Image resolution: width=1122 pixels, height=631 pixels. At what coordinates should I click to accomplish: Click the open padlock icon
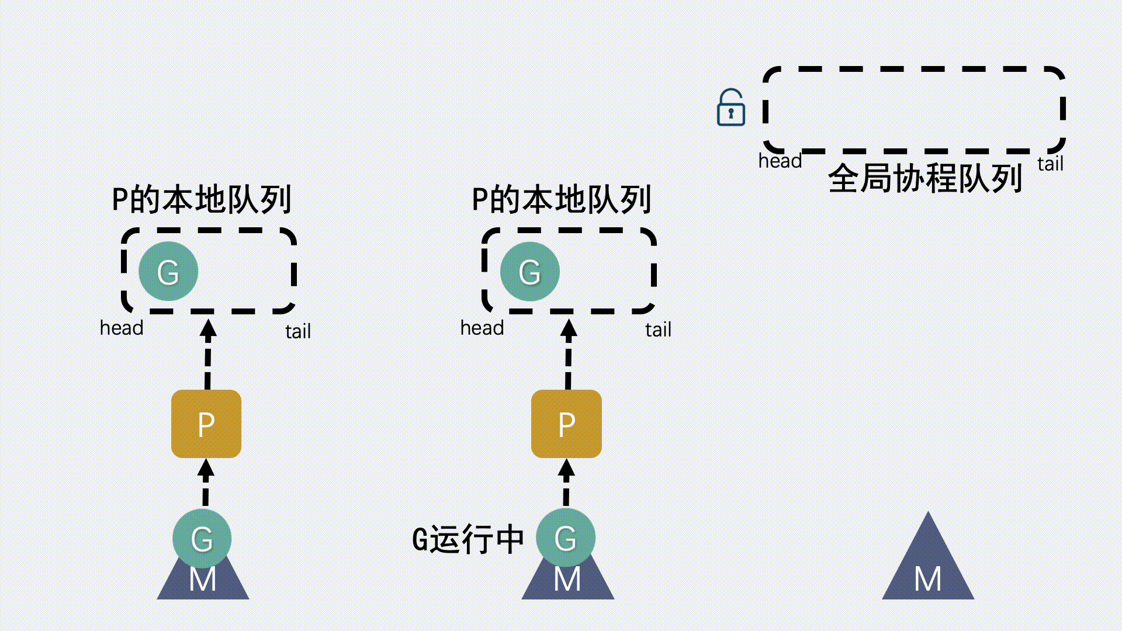coord(730,108)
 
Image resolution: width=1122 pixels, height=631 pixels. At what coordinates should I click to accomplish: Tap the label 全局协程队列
coord(925,178)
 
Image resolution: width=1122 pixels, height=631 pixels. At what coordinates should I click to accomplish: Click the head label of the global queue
coord(780,161)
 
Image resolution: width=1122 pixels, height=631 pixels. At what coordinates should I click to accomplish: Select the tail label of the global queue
coord(1050,164)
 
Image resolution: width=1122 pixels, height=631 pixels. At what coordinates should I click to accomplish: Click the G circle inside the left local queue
coord(168,272)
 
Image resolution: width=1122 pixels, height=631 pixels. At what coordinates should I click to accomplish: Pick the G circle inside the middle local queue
coord(529,272)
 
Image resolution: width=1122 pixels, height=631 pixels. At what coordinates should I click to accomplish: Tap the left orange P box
coord(206,424)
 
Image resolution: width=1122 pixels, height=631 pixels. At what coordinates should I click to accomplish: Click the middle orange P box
coord(566,424)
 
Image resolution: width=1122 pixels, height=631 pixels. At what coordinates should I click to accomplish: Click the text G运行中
coord(467,539)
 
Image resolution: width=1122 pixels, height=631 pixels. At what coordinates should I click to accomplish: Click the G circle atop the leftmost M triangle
coord(202,538)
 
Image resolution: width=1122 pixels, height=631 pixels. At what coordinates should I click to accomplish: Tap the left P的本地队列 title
coord(201,200)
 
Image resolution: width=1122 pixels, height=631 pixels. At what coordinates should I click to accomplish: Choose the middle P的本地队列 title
coord(561,200)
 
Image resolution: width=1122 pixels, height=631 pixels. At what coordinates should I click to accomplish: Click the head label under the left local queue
coord(122,328)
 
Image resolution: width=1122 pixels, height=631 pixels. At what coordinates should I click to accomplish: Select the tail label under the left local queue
coord(298,331)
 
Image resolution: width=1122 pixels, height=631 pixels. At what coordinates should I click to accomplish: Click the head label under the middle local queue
coord(482,328)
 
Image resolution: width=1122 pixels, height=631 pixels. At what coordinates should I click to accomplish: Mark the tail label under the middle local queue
coord(658,330)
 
